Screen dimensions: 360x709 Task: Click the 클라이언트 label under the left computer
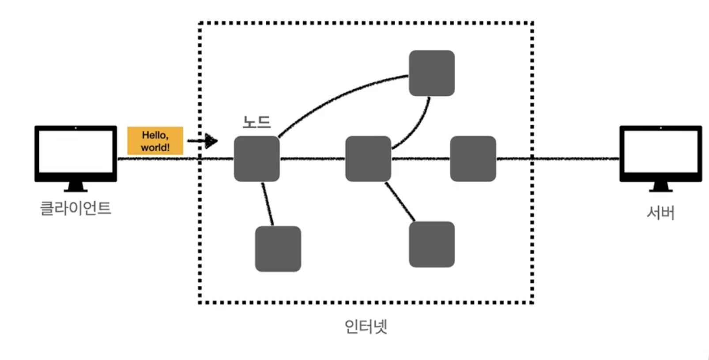(x=75, y=208)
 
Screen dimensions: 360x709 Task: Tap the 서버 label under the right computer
(x=660, y=213)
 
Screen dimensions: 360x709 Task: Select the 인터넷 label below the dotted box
(x=366, y=326)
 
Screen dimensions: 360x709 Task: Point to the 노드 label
(x=256, y=122)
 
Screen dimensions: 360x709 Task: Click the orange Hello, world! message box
(x=155, y=141)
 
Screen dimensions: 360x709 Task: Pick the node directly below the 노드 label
(x=256, y=159)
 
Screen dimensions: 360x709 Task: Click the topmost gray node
(x=431, y=73)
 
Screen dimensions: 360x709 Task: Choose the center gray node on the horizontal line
(x=368, y=159)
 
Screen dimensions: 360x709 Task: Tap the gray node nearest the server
(x=473, y=159)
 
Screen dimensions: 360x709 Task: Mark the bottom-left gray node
(x=278, y=249)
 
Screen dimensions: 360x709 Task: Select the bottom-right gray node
(x=431, y=244)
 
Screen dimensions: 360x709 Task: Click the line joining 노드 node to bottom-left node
(x=267, y=203)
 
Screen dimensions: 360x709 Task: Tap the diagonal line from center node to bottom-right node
(x=400, y=201)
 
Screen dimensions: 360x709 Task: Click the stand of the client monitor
(x=75, y=187)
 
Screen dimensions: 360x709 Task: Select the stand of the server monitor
(x=660, y=187)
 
